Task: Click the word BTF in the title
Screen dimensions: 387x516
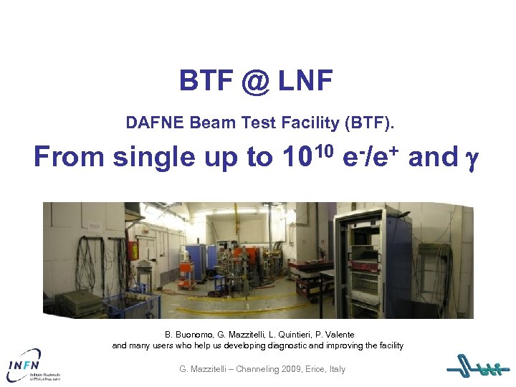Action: click(x=204, y=82)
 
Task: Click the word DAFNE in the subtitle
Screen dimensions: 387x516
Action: click(x=155, y=123)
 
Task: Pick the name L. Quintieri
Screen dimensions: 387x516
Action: click(x=293, y=335)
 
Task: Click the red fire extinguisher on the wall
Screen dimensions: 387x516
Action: click(x=133, y=250)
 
